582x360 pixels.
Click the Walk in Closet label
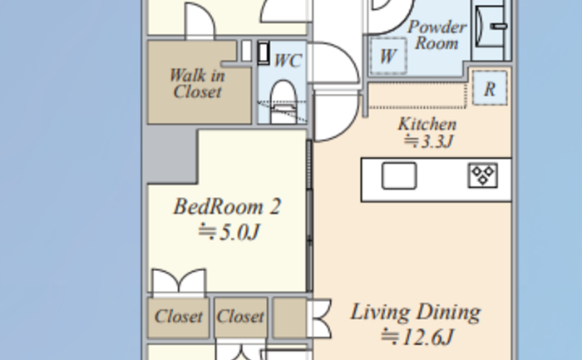(197, 83)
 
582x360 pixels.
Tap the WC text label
(288, 61)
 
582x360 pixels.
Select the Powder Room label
(436, 35)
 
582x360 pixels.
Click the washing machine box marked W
(388, 57)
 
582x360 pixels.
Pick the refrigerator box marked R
(490, 88)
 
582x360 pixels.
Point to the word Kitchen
(427, 124)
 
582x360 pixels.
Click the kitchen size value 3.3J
(429, 141)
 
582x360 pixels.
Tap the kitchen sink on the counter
(399, 175)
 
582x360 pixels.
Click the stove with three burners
(482, 175)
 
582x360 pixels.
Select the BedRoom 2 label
(227, 206)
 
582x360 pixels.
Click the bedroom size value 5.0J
(229, 232)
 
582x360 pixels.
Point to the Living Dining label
(416, 312)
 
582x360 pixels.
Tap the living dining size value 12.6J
(417, 337)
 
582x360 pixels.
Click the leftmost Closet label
(179, 317)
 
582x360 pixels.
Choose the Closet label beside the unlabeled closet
(240, 317)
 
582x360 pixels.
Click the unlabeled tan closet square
(290, 318)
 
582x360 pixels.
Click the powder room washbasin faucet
(499, 26)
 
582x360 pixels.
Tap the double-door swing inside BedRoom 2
(179, 283)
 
